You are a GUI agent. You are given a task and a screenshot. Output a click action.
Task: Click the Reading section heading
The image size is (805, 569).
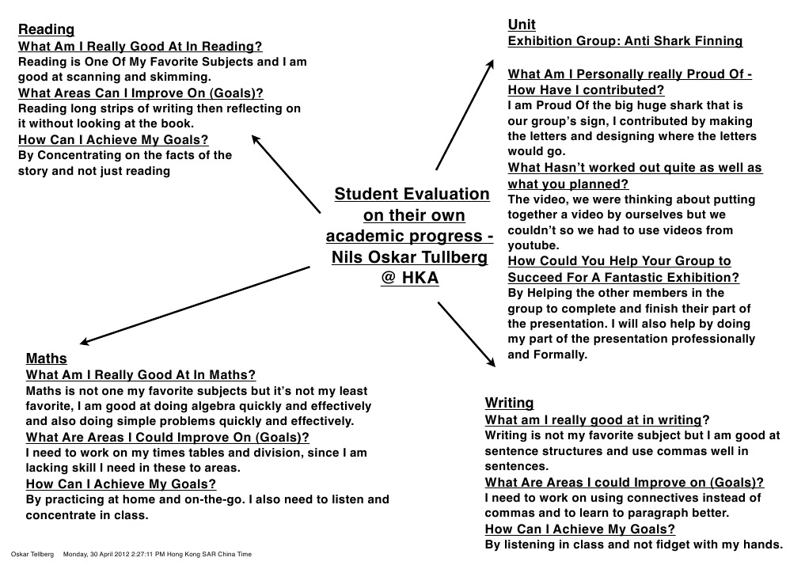[46, 29]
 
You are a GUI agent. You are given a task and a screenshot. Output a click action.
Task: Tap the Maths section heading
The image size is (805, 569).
[47, 358]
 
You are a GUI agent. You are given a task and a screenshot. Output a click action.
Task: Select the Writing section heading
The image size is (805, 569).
[509, 403]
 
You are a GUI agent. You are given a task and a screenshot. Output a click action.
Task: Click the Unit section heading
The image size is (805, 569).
[522, 25]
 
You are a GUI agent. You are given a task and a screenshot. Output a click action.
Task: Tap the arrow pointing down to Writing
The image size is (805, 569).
[465, 333]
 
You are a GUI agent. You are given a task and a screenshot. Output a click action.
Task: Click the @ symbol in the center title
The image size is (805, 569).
[388, 279]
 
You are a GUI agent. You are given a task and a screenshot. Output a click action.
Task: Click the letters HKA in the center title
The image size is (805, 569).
[420, 279]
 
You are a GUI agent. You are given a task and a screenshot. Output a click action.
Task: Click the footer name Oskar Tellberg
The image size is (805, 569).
[32, 554]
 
